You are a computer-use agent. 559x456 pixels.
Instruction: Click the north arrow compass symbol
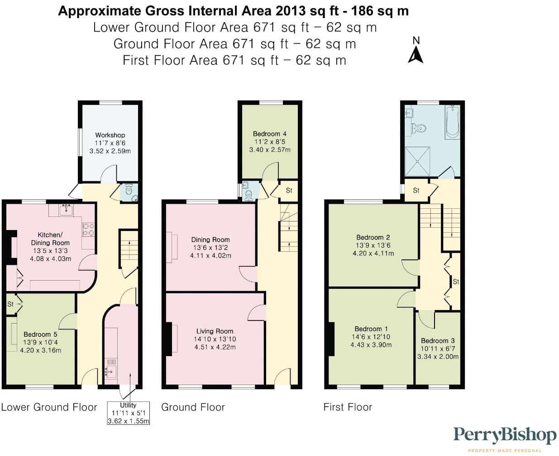coord(416,51)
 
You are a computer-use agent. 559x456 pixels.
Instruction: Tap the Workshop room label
coord(110,135)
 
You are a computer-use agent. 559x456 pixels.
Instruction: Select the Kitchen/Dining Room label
coord(50,239)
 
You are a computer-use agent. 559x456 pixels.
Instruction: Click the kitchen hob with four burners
coord(88,229)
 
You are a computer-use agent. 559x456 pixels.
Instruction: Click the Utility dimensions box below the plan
coord(128,413)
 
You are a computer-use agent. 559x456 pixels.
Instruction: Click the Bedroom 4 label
coord(270,134)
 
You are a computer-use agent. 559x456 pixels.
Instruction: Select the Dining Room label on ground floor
coord(210,240)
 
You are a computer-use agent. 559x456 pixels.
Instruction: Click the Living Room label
coord(215,331)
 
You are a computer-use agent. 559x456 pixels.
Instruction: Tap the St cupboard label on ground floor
coord(289,190)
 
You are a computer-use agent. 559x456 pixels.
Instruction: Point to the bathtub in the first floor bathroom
coord(452,121)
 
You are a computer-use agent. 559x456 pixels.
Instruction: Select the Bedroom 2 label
coord(373,237)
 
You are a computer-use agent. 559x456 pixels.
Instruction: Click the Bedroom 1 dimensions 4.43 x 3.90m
coord(371,345)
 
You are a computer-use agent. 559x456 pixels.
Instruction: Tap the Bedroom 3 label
coord(438,341)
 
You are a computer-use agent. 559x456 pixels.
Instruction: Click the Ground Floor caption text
coord(193,407)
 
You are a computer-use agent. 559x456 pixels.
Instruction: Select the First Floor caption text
coord(348,407)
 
